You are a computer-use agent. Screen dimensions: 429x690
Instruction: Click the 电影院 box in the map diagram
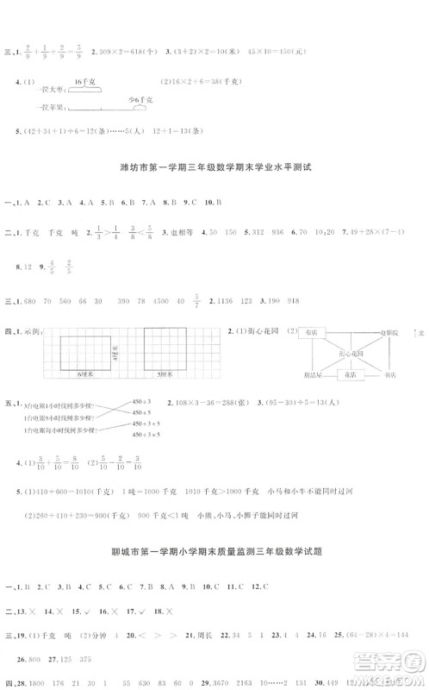point(390,332)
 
